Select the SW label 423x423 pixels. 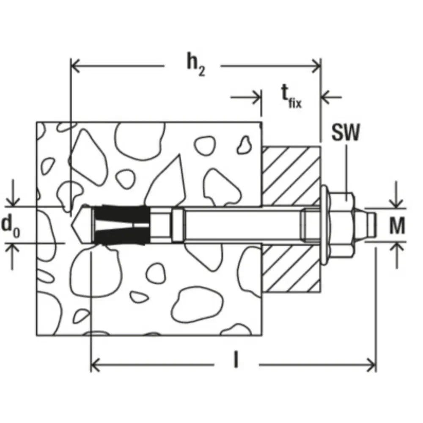[x=346, y=132]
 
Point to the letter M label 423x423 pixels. [x=397, y=225]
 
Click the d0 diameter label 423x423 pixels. [x=11, y=226]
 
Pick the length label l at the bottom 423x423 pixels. [x=236, y=360]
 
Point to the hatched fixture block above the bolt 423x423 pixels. [x=291, y=176]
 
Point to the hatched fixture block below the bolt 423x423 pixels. [x=291, y=269]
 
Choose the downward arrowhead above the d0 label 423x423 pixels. [x=13, y=202]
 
